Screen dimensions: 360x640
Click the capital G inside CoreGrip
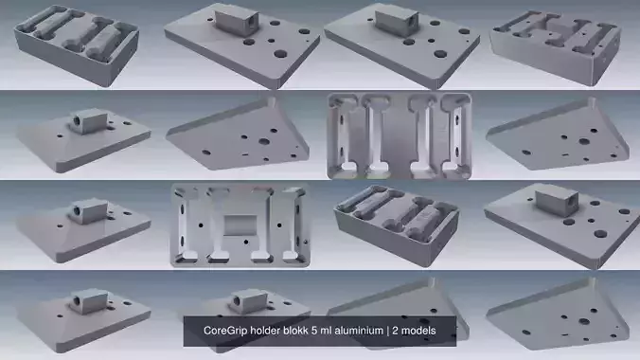point(230,331)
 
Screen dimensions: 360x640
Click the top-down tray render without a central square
point(399,135)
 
